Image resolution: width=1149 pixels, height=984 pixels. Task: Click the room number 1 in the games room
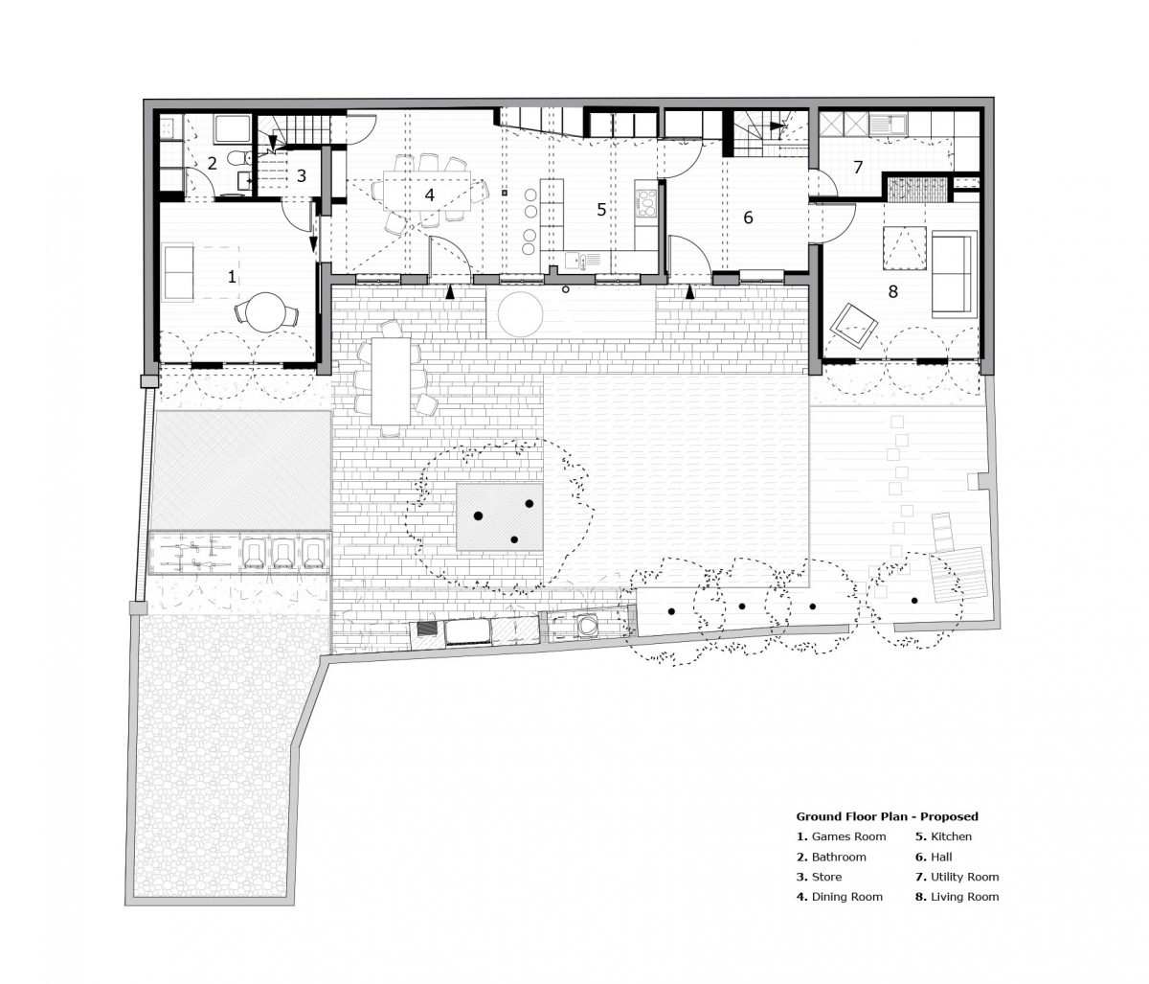[232, 276]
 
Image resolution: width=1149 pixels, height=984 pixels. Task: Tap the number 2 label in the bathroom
[212, 163]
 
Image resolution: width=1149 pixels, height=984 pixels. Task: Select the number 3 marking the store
[302, 175]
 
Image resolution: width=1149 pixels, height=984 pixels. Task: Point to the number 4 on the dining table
[429, 195]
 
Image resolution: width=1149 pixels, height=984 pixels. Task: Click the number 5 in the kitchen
[601, 209]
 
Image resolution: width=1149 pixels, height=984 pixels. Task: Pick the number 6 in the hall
[748, 217]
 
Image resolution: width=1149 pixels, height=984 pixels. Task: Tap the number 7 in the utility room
[858, 167]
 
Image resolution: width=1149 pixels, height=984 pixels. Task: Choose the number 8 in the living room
[892, 291]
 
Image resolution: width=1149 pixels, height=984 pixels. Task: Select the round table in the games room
[266, 312]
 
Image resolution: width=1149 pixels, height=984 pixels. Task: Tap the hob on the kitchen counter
[647, 203]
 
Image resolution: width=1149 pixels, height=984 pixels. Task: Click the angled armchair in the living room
[853, 326]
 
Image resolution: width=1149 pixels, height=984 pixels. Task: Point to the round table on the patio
[520, 315]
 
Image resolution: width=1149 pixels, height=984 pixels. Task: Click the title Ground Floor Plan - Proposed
[887, 816]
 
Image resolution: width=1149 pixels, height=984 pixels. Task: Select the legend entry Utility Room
[957, 877]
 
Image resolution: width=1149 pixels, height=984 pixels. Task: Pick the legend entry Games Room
[841, 836]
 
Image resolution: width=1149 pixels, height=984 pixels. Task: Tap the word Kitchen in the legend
[951, 836]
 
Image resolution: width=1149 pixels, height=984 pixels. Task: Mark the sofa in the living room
[955, 275]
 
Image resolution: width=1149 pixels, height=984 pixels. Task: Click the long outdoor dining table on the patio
[392, 382]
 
